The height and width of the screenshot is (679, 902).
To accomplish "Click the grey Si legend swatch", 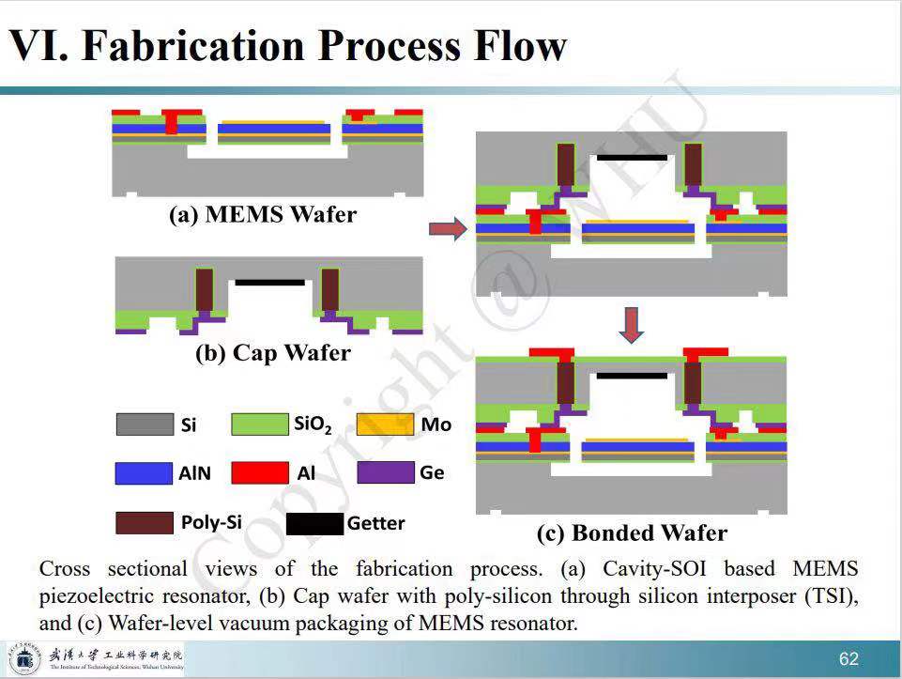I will (x=145, y=424).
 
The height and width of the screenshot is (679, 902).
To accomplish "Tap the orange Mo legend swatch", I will (x=385, y=424).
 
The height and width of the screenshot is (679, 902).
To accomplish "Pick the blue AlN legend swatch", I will (x=145, y=473).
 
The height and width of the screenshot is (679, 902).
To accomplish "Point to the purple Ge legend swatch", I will (x=385, y=472).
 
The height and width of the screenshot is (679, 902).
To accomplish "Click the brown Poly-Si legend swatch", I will (x=145, y=522).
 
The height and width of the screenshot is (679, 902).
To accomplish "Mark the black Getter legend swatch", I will (x=314, y=523).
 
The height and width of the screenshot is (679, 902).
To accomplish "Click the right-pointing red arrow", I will (x=447, y=228).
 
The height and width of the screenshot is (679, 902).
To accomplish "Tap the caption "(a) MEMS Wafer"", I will (x=263, y=214).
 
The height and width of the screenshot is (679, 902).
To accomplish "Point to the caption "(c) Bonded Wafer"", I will (x=632, y=533).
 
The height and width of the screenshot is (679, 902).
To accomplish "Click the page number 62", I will (x=848, y=658).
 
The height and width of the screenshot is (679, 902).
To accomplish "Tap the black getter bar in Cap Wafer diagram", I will (x=269, y=282).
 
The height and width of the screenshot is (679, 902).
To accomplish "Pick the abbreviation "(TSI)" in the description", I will (x=832, y=595).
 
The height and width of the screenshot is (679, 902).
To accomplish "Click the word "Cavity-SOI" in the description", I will (x=646, y=568).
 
